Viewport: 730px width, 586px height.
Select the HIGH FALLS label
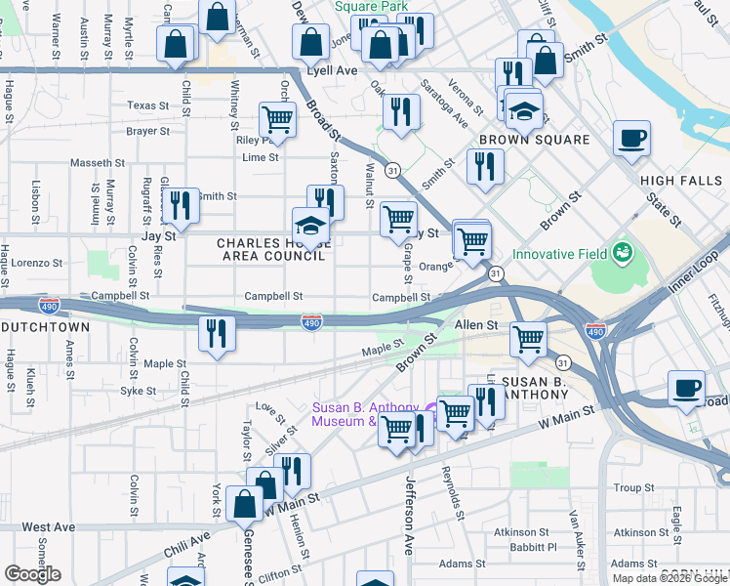680,181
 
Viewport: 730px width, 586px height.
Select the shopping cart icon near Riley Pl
278,119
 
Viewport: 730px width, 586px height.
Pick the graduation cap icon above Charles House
311,225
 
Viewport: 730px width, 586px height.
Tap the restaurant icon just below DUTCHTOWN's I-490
217,333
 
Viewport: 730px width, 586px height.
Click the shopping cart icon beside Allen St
528,340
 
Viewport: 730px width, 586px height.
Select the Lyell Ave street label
333,71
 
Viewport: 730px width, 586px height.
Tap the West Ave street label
49,526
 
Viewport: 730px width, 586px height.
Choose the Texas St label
147,105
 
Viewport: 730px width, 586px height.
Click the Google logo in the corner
32,574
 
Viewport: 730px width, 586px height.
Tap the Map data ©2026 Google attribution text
669,578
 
